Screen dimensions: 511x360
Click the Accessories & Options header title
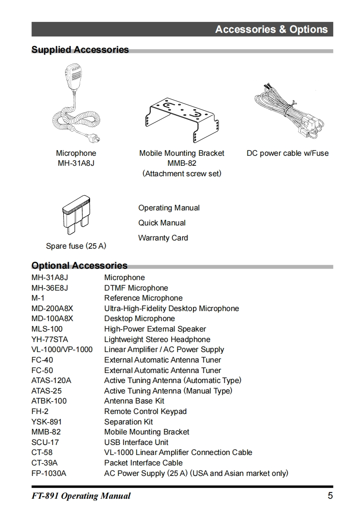click(x=271, y=30)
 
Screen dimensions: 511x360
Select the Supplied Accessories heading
click(x=80, y=50)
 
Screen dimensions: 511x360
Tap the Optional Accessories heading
click(x=79, y=266)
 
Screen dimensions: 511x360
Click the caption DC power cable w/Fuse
click(x=287, y=153)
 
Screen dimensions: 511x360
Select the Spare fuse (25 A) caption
click(x=76, y=246)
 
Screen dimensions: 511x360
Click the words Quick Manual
click(x=162, y=223)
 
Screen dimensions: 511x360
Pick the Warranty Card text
click(x=163, y=238)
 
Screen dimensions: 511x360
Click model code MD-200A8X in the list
click(x=52, y=308)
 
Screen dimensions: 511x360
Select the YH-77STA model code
click(x=50, y=339)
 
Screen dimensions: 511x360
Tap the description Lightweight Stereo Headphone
click(x=157, y=339)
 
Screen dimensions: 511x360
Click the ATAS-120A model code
click(x=51, y=380)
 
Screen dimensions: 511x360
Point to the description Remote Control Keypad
click(x=145, y=411)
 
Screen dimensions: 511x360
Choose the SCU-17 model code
click(x=45, y=442)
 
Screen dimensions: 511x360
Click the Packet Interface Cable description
click(x=143, y=463)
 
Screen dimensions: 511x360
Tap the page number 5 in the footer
click(x=330, y=496)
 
